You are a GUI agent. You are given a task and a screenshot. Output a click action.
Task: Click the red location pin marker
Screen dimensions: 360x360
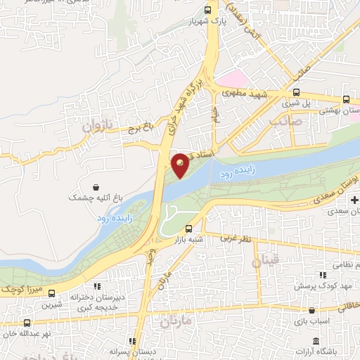(x=181, y=165)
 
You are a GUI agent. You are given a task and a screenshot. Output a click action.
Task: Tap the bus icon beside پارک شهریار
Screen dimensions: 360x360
(x=207, y=10)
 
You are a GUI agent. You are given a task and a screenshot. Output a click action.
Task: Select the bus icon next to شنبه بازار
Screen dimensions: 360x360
(x=188, y=229)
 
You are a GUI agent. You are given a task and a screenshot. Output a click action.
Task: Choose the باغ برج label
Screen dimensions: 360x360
(x=140, y=129)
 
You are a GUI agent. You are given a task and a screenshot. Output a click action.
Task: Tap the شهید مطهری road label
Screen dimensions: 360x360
(x=242, y=92)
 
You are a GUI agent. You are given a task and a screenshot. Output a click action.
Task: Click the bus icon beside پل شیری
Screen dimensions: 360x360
(x=296, y=92)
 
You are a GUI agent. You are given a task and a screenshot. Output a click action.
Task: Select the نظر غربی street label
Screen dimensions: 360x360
(x=236, y=239)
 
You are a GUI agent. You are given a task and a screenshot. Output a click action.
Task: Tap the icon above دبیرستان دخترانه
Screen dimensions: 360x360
(x=98, y=286)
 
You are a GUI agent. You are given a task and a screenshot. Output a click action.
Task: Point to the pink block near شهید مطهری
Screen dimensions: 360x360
(x=233, y=77)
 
